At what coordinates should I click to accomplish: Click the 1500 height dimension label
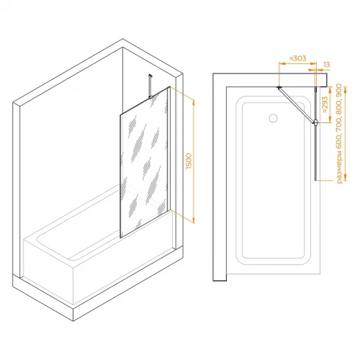189,161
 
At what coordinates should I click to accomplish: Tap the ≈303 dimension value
297,58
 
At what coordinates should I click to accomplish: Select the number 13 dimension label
327,65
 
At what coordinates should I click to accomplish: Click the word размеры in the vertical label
339,167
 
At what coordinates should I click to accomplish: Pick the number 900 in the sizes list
339,90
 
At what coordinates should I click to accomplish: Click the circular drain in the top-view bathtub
273,118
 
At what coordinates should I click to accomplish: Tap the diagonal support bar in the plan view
297,105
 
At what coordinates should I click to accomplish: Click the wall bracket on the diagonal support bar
279,87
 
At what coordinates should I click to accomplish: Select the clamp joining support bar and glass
316,123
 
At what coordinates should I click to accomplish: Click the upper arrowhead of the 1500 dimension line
194,103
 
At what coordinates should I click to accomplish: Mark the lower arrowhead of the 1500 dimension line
194,220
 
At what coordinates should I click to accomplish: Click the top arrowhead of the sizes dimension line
346,90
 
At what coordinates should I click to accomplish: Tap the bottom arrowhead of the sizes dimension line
346,177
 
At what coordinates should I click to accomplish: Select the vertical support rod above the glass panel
150,86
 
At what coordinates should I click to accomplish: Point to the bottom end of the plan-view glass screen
316,180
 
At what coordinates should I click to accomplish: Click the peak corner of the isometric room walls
122,39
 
